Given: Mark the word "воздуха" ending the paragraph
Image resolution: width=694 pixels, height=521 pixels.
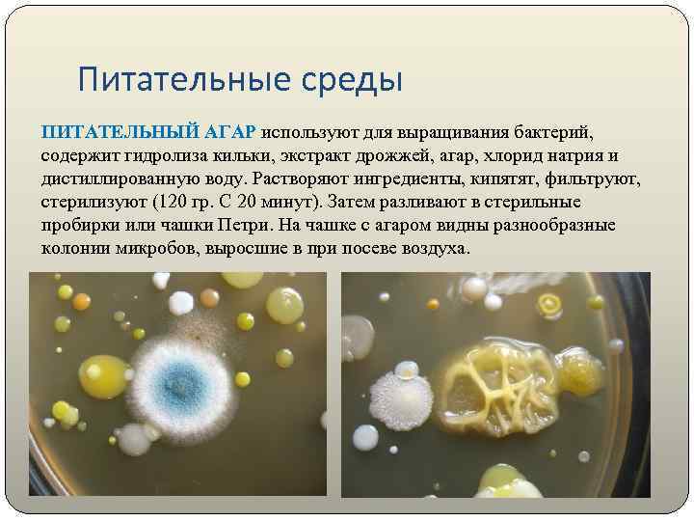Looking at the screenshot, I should click(436, 248).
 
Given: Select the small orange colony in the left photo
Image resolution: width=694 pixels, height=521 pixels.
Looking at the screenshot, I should click(284, 358).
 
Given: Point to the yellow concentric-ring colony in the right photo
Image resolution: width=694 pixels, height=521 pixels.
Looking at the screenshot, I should click(550, 307).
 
